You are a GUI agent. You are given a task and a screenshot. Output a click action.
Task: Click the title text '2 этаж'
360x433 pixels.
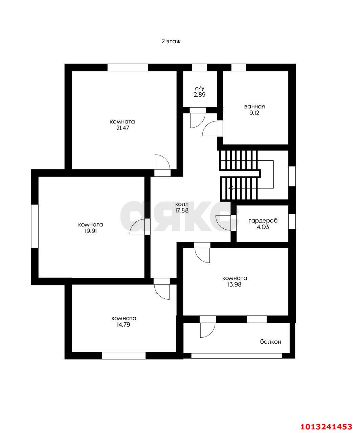(x=171, y=42)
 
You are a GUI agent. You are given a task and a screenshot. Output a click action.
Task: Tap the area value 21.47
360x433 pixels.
(x=122, y=128)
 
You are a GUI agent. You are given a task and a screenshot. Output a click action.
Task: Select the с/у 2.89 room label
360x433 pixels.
(x=199, y=92)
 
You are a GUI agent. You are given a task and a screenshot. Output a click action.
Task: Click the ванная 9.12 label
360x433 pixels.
(x=254, y=110)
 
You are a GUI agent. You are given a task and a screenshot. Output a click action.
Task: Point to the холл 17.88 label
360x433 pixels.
(x=182, y=207)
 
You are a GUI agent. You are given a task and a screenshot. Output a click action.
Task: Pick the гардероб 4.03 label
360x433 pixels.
(x=263, y=224)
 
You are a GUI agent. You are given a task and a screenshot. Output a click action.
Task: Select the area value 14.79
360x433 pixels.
(x=123, y=325)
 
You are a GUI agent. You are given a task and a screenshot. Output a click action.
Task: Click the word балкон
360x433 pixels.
(x=270, y=342)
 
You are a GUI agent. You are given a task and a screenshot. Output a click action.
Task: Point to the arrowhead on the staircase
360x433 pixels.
(x=230, y=188)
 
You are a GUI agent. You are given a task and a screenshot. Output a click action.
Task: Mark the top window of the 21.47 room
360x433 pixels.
(x=128, y=67)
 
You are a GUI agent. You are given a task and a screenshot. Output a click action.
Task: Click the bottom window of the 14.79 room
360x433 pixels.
(x=123, y=356)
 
